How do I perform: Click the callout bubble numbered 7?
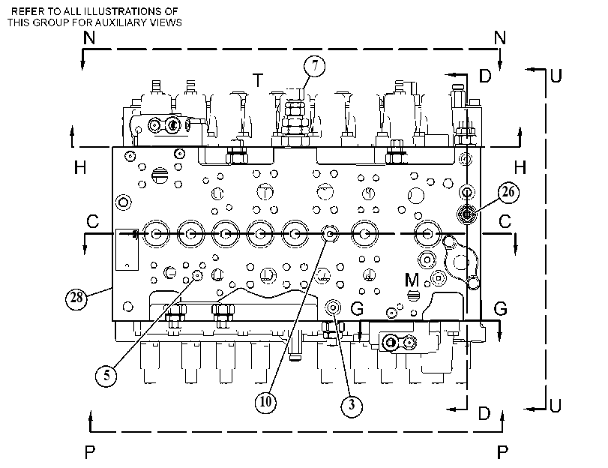click(314, 66)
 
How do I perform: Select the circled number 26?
click(508, 192)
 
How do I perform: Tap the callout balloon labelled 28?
click(76, 298)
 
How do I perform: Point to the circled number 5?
click(106, 375)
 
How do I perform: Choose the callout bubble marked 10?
click(265, 402)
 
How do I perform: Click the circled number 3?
click(352, 406)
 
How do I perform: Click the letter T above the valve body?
click(258, 81)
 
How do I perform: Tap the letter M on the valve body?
click(412, 280)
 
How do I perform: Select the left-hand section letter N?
click(89, 38)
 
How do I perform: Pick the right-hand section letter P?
click(502, 452)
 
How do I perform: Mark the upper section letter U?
click(556, 76)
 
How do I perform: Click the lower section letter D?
click(484, 414)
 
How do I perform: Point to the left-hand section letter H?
click(80, 168)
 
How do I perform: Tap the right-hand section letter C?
click(505, 221)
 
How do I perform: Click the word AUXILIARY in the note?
click(118, 22)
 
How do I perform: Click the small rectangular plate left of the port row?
click(127, 250)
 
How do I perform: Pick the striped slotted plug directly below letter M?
click(414, 295)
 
